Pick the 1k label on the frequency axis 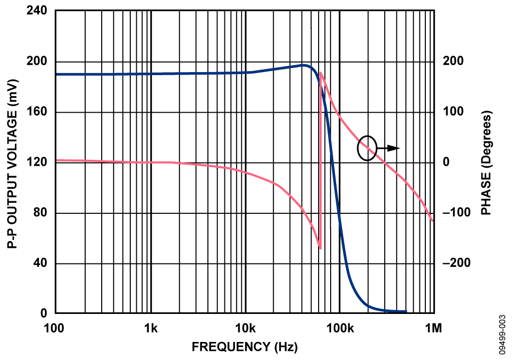151,328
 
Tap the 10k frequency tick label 245,328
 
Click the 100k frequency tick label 340,328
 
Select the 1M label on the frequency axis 433,328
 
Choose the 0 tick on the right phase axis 446,162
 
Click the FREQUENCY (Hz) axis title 244,346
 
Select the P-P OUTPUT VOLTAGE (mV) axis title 13,162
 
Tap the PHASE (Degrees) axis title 485,163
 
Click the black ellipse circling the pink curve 367,148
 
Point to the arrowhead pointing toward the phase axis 396,148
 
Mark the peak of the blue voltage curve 304,65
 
